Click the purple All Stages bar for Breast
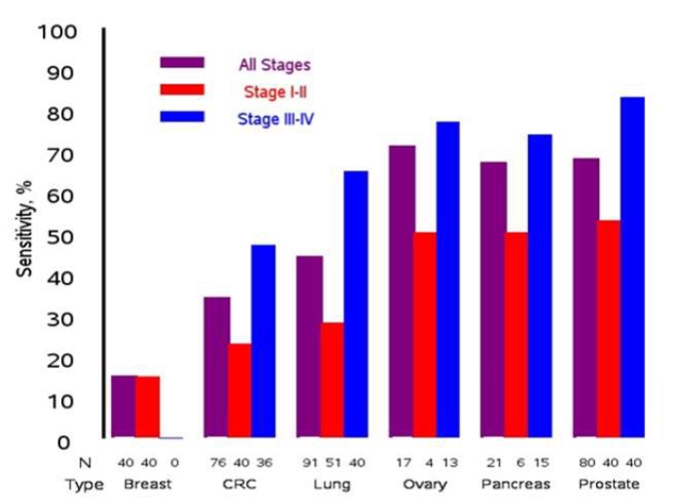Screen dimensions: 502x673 [124, 407]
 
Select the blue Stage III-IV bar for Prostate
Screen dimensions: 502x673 [632, 268]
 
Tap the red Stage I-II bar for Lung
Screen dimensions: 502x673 [333, 380]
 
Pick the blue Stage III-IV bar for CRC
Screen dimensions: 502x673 [263, 341]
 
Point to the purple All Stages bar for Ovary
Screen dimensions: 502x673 [402, 292]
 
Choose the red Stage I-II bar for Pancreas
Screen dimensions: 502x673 [517, 335]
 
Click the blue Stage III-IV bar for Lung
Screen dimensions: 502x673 [356, 305]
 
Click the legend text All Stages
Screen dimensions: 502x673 [274, 66]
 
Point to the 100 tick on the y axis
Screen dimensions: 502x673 [57, 32]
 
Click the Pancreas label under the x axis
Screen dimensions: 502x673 [516, 484]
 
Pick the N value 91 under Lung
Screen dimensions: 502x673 [309, 461]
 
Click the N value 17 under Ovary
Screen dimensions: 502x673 [402, 461]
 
